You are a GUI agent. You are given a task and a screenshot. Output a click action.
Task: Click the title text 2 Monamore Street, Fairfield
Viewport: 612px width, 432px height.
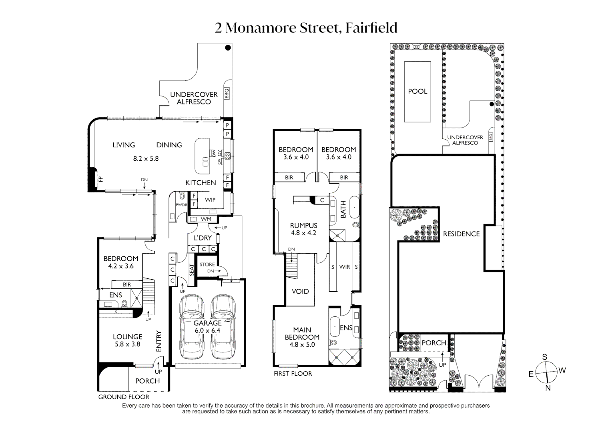click(x=306, y=28)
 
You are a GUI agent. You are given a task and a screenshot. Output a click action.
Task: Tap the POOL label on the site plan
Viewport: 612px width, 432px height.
click(x=417, y=91)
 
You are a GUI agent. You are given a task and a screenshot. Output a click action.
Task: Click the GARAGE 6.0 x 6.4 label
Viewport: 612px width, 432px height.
click(x=207, y=327)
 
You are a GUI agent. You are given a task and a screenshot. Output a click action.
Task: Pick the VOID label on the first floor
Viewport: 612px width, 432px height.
click(x=300, y=292)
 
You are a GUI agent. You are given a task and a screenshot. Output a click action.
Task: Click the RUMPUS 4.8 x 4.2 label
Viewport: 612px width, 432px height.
click(x=303, y=229)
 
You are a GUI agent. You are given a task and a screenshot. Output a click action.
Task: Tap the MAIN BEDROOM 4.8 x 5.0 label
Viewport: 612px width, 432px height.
click(x=302, y=337)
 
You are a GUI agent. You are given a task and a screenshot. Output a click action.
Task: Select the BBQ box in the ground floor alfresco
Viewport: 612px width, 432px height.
click(x=227, y=94)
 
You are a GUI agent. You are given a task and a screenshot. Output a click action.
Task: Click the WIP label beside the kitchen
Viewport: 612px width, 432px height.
click(x=210, y=200)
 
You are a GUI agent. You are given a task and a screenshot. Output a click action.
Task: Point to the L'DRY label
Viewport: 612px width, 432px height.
click(x=203, y=238)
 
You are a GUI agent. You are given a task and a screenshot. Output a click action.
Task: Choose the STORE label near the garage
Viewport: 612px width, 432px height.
click(x=207, y=264)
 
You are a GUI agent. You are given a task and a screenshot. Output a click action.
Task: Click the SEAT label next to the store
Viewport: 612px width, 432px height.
click(x=191, y=270)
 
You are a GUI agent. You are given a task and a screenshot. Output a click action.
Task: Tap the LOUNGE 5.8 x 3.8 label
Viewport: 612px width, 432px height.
click(x=127, y=340)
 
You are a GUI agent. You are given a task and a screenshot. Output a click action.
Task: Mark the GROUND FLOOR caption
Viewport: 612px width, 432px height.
click(x=124, y=397)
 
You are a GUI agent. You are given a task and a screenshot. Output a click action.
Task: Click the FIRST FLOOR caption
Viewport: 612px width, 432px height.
click(x=293, y=374)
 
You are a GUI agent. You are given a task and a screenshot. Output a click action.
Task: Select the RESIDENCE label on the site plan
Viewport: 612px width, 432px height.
click(x=461, y=234)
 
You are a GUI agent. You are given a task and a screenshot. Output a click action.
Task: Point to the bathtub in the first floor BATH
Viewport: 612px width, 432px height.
click(x=354, y=206)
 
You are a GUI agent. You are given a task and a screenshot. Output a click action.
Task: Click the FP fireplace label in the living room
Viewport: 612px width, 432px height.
click(x=101, y=179)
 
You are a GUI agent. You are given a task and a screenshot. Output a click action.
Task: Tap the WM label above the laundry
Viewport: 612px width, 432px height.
click(x=206, y=219)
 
